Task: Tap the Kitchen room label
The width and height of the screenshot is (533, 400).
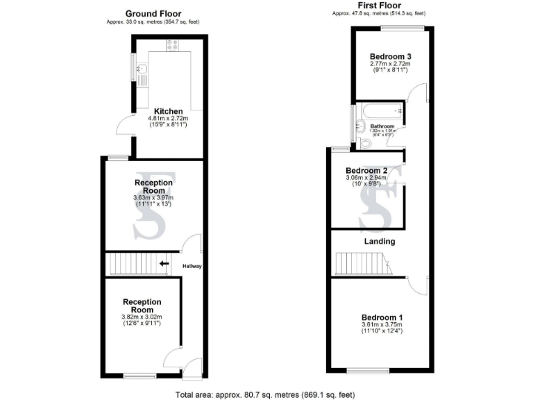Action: coord(168,111)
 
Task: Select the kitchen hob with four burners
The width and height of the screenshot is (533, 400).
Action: coord(172,46)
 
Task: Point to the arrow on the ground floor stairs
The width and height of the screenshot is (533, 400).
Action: coord(164,263)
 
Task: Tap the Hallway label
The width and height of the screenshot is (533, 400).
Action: coord(192,265)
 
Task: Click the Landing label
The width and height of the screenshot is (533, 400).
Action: coord(380,242)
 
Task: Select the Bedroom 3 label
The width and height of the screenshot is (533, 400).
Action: coord(390,56)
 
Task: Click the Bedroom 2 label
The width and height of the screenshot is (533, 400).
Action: coord(366,170)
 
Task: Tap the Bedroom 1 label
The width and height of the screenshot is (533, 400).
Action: coord(382,317)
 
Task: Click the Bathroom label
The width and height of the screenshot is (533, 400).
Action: coord(382,126)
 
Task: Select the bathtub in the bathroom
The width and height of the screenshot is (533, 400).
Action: coord(379,110)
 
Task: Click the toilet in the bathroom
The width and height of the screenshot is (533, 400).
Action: coord(365,144)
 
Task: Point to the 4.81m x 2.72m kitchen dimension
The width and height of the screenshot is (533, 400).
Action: coord(168,119)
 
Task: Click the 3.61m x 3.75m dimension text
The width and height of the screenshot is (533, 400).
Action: coord(382,325)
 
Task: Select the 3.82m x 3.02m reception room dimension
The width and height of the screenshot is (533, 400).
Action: coord(142,317)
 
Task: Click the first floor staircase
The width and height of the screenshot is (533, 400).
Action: coord(361,264)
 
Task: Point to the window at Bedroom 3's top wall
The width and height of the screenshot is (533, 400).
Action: coord(403,28)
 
